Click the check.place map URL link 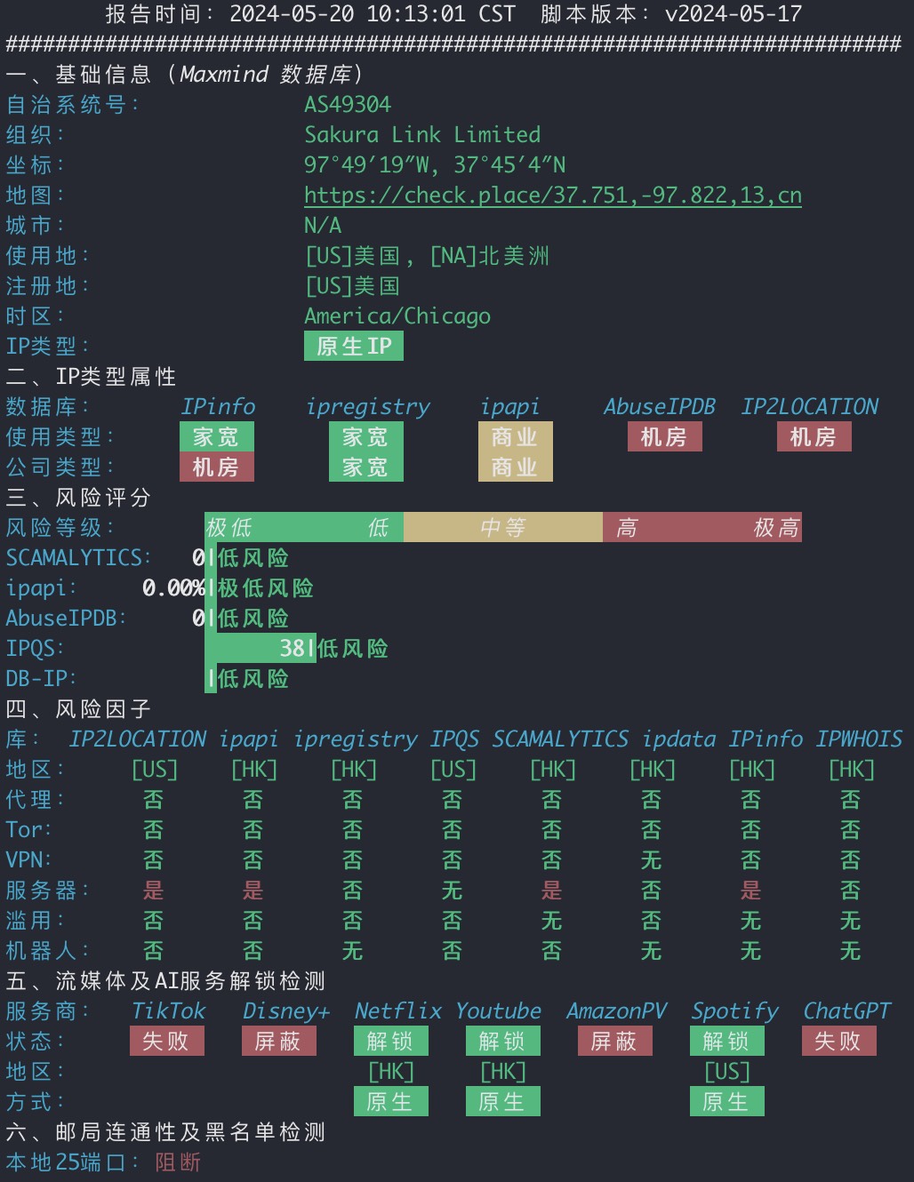[553, 196]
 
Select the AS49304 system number [348, 105]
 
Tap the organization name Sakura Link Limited [422, 135]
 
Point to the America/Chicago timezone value [397, 316]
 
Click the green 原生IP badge [354, 346]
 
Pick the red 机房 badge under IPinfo [217, 467]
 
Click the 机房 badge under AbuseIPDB [665, 436]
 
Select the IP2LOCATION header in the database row [810, 407]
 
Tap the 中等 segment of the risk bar [503, 527]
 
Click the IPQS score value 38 [293, 648]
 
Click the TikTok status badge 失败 [167, 1041]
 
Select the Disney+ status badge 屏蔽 [279, 1041]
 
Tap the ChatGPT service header [846, 1010]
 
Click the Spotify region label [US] [727, 1071]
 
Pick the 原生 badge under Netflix [390, 1101]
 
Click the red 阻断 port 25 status [178, 1162]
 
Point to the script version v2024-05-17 [734, 13]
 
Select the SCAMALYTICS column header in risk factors [560, 739]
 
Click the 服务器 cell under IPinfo [750, 890]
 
